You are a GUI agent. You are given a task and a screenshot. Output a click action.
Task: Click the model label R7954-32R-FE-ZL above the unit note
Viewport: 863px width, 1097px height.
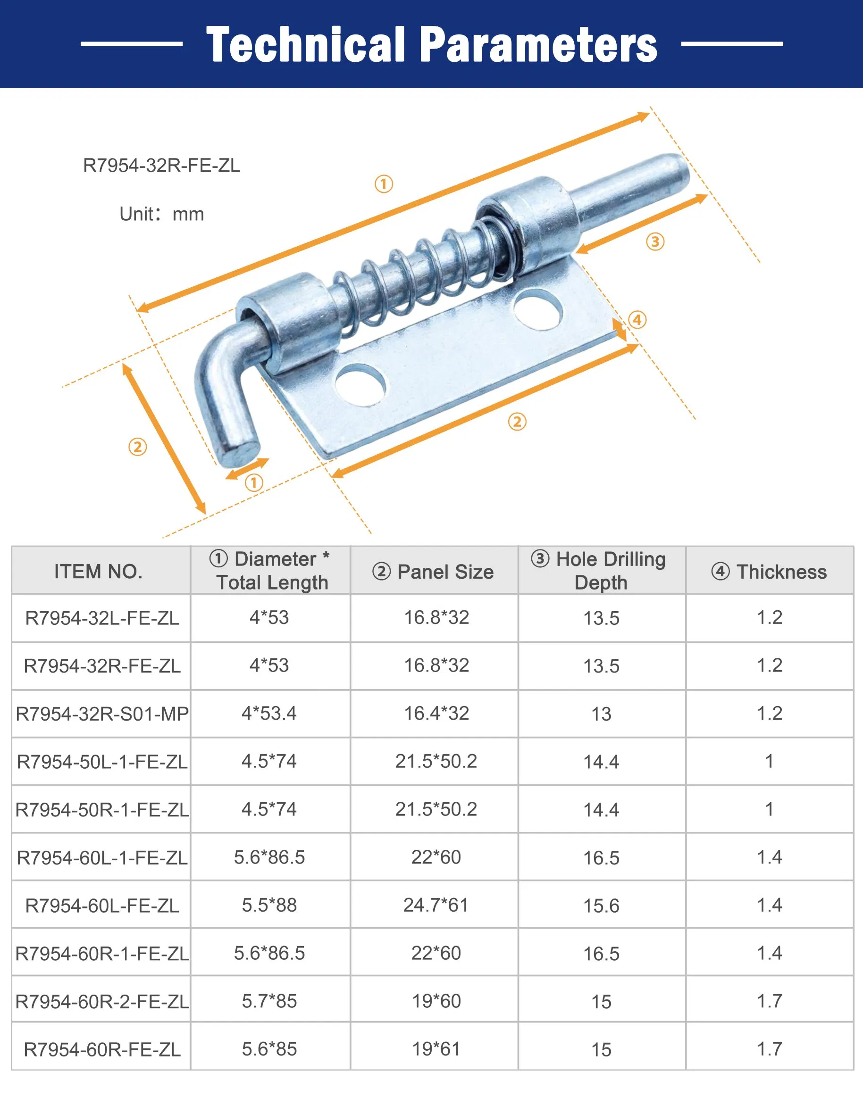coord(162,166)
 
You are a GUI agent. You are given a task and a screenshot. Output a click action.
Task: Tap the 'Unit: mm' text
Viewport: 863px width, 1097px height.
coord(162,214)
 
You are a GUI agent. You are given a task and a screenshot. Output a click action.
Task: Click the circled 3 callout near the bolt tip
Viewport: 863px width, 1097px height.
coord(655,241)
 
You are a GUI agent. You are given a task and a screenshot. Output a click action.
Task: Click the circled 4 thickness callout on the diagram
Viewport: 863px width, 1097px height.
coord(637,320)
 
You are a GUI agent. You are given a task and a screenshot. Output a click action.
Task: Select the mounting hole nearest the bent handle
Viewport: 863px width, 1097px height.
coord(360,386)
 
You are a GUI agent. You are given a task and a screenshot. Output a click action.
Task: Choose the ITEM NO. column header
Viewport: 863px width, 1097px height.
coord(99,571)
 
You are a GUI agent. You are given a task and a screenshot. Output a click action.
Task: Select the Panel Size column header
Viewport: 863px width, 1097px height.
coord(434,571)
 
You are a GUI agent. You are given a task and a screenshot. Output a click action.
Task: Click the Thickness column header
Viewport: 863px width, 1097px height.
coord(770,571)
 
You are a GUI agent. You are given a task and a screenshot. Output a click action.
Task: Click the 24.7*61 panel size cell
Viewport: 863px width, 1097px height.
coord(436,905)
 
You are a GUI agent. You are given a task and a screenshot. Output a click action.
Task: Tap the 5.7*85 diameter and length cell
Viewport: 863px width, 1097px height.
coord(269,1001)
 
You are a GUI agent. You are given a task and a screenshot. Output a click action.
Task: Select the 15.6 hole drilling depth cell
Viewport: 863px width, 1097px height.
coord(601,906)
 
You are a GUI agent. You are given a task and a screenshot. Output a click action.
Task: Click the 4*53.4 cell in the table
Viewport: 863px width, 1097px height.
coord(269,713)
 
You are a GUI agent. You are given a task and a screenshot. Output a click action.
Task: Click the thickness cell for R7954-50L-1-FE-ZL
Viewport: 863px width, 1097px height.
coord(770,761)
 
